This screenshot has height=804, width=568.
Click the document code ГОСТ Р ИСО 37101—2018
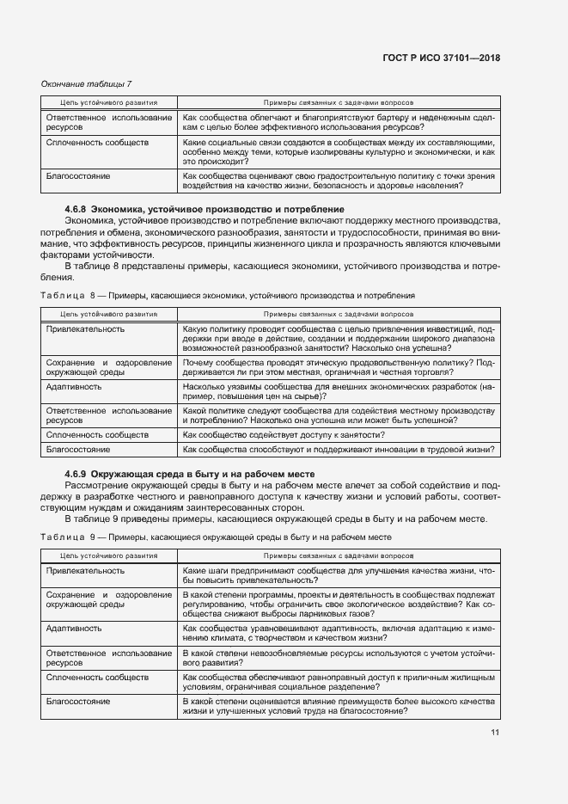[x=442, y=58]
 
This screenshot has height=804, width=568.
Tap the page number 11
[x=495, y=732]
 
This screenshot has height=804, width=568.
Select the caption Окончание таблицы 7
[x=86, y=83]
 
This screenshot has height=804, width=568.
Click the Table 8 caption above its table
[x=228, y=295]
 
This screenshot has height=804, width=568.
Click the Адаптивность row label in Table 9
[x=74, y=628]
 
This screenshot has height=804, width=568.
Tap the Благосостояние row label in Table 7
[x=78, y=176]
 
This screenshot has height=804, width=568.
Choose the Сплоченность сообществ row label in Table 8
[x=97, y=435]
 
